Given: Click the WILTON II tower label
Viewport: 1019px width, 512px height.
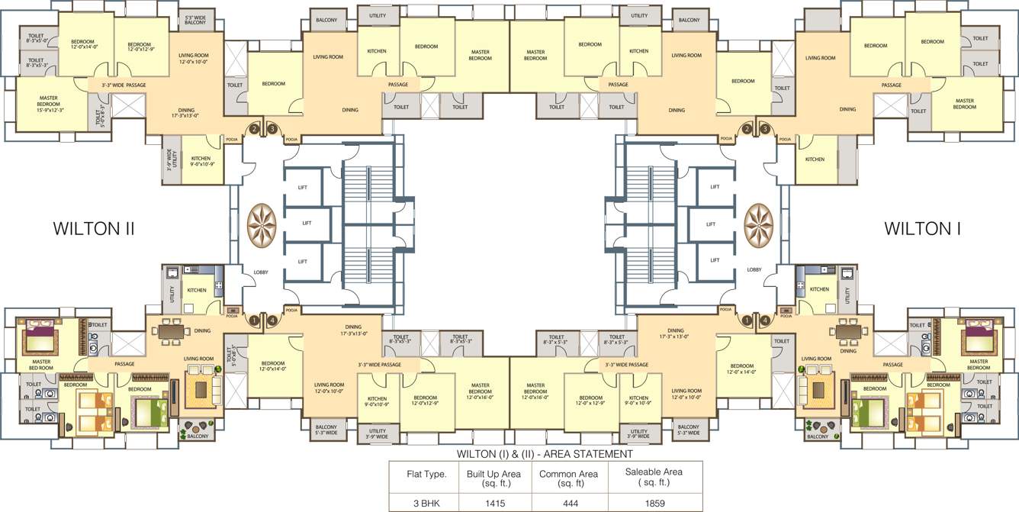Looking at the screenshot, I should coord(93,228).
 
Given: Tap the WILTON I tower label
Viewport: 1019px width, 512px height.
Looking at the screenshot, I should coord(922,228).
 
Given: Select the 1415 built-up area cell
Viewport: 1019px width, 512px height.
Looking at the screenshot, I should coord(493,504).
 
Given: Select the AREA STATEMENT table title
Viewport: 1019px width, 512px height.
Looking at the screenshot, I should coord(545,454).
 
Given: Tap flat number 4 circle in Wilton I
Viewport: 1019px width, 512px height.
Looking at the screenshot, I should coord(764,320).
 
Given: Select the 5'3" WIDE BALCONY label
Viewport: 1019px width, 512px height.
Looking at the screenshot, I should coord(195,20).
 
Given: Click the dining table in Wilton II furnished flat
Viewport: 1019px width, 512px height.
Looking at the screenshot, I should coord(172,332).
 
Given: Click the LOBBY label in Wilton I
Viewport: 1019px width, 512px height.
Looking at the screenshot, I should coord(754,269).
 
